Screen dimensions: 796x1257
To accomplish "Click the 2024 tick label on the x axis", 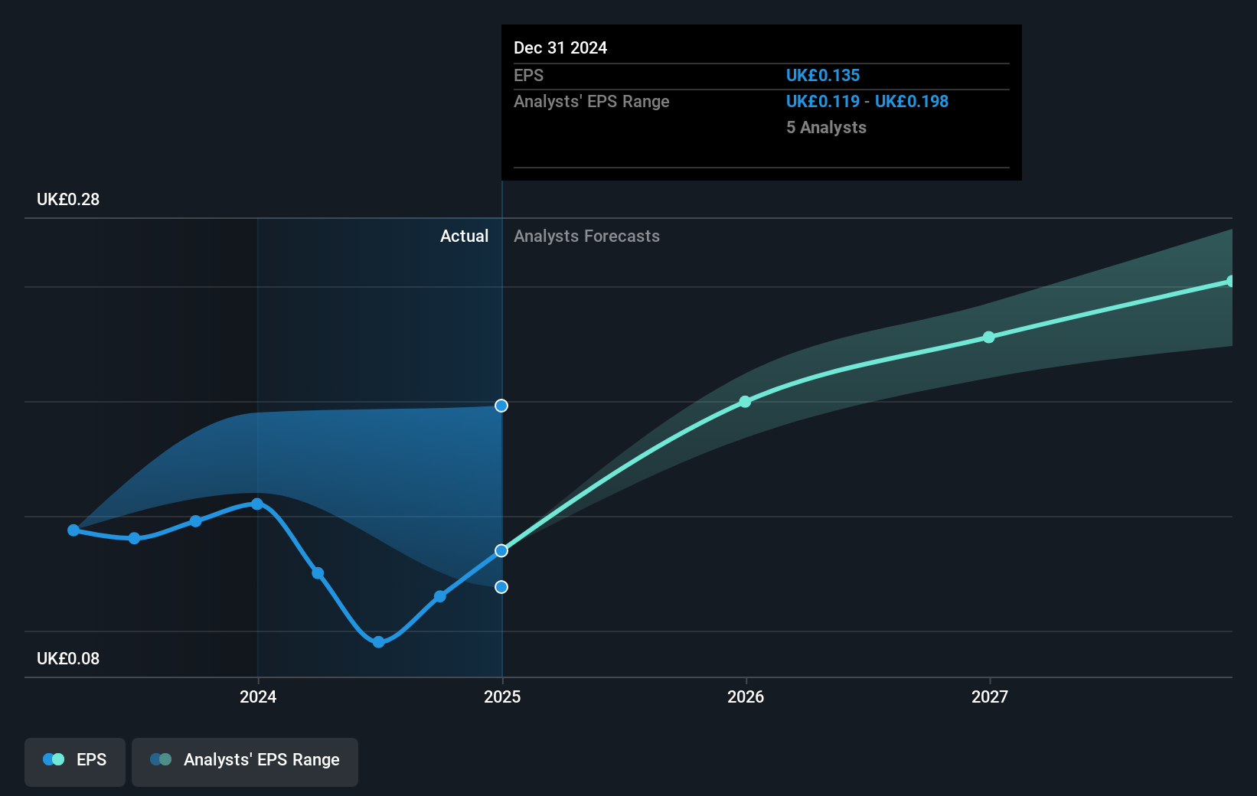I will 258,696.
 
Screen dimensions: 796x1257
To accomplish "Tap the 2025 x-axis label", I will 502,696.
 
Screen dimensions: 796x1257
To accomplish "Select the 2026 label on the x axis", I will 746,696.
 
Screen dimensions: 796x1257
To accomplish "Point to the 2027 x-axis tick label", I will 990,696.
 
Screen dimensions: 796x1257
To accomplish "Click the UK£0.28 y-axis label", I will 68,200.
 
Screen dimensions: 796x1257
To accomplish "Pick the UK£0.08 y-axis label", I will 68,659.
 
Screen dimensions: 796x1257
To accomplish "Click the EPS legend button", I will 75,760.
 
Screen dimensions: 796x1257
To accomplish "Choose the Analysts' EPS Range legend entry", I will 245,760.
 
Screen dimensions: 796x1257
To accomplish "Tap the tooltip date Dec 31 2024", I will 560,48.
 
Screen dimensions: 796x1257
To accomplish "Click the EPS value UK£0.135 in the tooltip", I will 823,76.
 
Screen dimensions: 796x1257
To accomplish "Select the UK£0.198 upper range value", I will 912,102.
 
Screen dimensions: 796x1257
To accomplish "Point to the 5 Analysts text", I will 826,128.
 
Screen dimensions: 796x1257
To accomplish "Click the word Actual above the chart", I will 464,237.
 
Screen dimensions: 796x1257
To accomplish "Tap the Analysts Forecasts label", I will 586,237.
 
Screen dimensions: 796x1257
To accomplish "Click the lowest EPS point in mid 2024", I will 378,641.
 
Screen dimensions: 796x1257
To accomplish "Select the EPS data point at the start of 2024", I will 257,504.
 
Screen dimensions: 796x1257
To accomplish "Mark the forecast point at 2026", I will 745,401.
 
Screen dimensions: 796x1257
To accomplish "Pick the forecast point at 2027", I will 989,337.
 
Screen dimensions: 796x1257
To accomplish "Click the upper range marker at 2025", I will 501,406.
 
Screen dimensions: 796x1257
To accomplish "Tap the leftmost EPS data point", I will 73,530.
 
